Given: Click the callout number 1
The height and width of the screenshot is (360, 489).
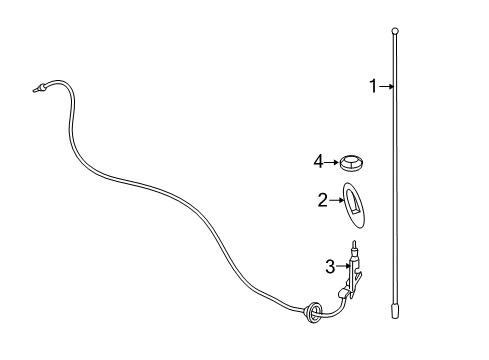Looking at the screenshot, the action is coord(374,87).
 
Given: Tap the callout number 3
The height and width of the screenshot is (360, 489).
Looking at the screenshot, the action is coord(329,266).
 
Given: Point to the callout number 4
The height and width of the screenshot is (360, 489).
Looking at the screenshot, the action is coord(319,160).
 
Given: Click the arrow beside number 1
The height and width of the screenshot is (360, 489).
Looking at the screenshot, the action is coord(387,87).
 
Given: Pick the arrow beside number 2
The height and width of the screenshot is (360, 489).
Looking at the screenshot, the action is coord(337,201).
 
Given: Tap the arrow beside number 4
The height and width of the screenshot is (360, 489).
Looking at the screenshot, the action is coord(331,160).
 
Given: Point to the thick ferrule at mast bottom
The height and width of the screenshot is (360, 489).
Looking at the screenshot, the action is coord(395,310).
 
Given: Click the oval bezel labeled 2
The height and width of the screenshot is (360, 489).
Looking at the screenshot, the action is coord(357,204).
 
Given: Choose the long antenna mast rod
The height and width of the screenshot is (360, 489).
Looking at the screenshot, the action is coord(395,170).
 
